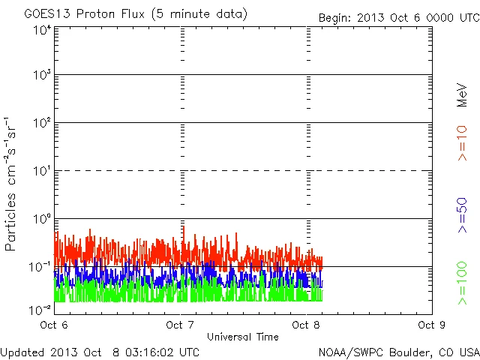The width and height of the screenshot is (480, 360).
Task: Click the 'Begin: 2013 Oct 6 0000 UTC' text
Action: point(397,17)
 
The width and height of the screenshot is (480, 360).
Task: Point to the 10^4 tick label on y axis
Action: point(42,31)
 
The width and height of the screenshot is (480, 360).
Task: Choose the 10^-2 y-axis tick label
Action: point(40,310)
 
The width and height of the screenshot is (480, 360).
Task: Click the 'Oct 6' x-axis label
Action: point(54,325)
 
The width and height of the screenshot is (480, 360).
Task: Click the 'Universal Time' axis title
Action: point(242,336)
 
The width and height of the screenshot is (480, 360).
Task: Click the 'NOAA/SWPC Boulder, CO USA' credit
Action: point(398,351)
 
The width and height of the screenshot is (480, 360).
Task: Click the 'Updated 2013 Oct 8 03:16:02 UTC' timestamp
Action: point(100,351)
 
